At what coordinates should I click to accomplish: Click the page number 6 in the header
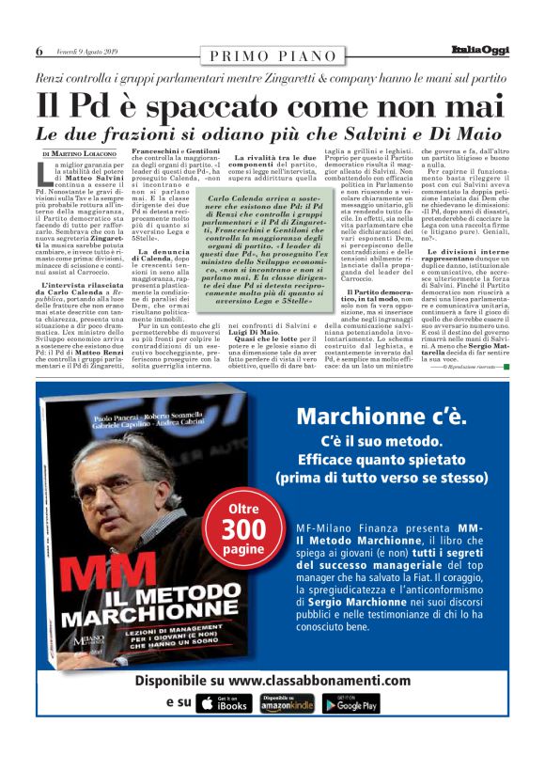39,51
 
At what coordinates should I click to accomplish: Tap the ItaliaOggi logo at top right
479,50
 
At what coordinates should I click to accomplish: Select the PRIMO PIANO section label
272,55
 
